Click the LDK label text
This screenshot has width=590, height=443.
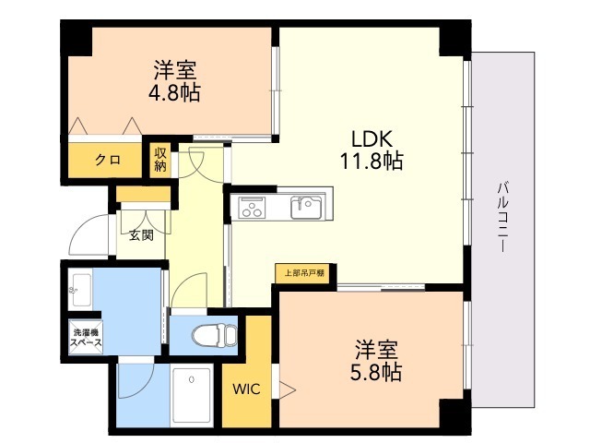click(372, 138)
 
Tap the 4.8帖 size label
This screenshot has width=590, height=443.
click(174, 92)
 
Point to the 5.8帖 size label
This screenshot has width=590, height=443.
click(376, 372)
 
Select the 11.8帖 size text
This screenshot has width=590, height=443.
click(372, 161)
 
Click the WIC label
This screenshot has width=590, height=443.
click(246, 389)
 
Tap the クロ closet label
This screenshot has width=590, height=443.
click(108, 160)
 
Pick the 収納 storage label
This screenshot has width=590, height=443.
click(160, 160)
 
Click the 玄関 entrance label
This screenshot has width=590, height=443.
click(141, 235)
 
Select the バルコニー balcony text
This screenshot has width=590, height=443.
click(502, 218)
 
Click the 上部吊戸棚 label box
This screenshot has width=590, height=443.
click(304, 273)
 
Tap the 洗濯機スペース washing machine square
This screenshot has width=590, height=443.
click(86, 337)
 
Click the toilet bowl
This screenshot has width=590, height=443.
click(214, 335)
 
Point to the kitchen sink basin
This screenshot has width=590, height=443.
click(306, 207)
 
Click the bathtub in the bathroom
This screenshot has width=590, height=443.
click(192, 395)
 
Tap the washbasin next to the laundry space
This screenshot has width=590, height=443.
click(80, 289)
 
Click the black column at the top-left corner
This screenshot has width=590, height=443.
click(77, 38)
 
